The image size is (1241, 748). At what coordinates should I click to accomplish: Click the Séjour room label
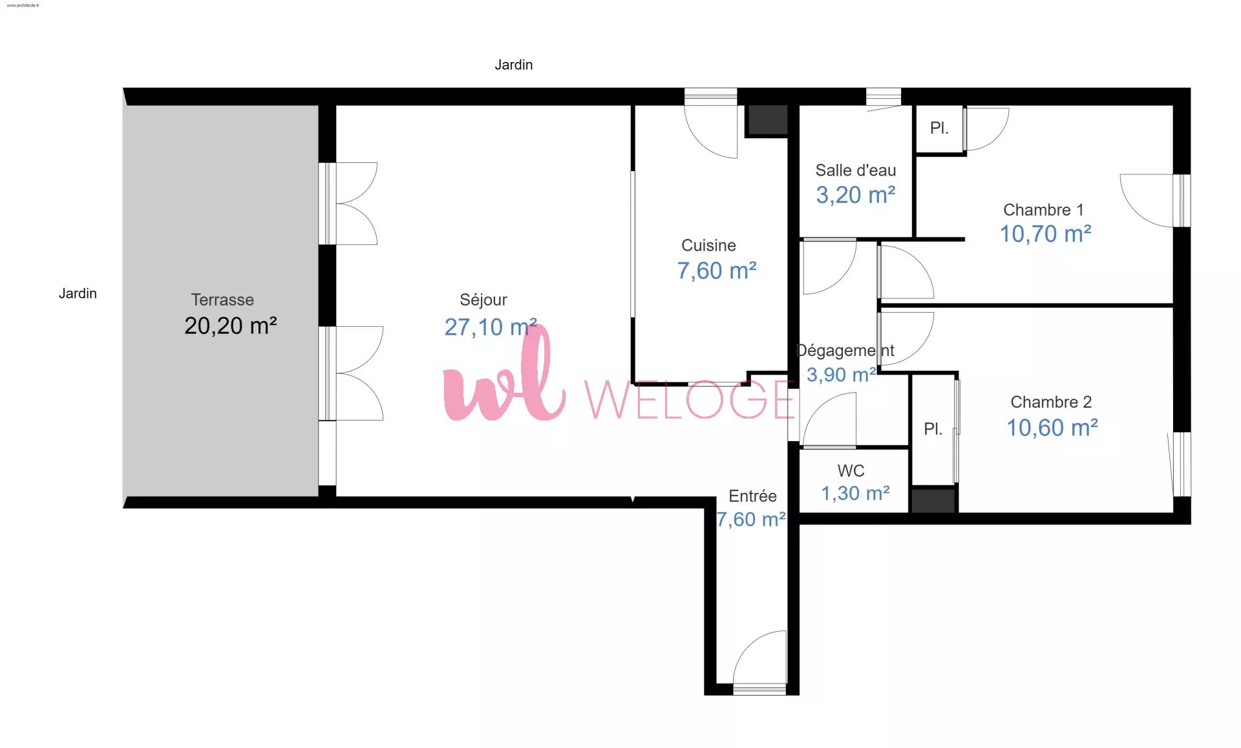483,300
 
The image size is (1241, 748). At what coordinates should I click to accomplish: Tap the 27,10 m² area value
491,327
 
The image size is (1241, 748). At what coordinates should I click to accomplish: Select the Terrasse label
222,300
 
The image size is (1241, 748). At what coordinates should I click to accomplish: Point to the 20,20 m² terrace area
231,326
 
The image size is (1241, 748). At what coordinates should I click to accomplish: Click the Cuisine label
708,245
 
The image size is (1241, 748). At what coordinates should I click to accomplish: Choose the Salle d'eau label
856,171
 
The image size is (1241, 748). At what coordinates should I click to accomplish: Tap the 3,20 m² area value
856,195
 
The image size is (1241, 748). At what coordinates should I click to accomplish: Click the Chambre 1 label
1043,210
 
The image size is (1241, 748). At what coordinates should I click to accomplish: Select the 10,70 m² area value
1046,234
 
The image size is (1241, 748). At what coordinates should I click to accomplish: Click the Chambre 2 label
1051,402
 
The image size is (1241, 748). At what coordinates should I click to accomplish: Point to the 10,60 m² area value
1052,428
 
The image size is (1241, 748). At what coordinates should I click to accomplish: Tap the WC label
851,471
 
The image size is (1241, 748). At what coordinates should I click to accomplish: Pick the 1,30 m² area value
855,493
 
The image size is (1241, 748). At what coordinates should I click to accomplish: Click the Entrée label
752,496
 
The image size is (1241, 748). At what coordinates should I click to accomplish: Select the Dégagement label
845,351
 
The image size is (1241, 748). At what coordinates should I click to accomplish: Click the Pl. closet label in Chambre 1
939,128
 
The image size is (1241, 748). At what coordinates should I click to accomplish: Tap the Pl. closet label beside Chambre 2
933,429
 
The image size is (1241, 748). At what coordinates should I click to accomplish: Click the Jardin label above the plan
514,65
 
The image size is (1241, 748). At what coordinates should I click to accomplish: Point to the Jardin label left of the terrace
78,293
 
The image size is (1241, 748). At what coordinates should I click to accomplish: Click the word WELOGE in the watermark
690,399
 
